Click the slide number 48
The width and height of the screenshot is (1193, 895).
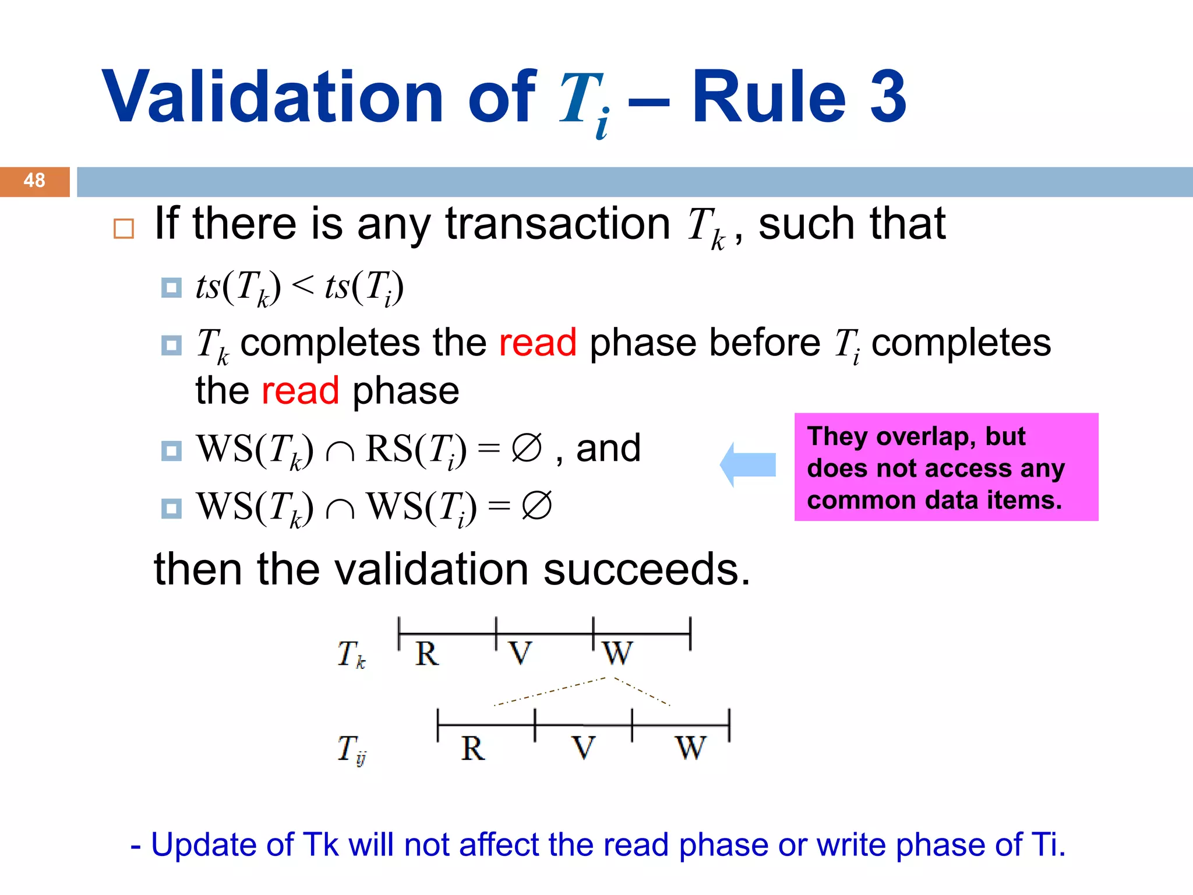point(34,181)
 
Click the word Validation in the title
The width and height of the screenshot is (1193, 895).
point(273,97)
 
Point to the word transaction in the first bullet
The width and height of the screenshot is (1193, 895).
point(557,224)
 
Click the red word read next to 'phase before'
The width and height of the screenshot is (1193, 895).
point(537,343)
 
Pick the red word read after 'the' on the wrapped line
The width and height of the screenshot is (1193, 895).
point(300,391)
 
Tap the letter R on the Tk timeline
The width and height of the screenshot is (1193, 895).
point(427,654)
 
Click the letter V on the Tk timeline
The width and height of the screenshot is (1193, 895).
point(520,654)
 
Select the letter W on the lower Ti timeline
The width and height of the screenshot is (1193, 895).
point(690,748)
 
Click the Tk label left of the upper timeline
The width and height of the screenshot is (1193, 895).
point(351,654)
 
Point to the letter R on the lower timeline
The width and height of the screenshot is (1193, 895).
point(472,748)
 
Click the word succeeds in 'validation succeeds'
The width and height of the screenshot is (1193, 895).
point(647,570)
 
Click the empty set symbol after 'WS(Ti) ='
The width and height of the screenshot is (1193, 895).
point(537,506)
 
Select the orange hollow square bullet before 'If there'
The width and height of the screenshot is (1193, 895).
point(123,229)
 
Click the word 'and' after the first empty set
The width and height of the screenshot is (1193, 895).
point(608,449)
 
